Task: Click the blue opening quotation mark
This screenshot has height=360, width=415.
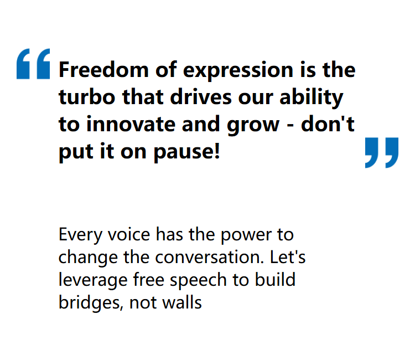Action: [x=33, y=64]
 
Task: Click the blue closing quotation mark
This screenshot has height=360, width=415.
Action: [x=382, y=152]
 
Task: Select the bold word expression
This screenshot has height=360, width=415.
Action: [x=238, y=71]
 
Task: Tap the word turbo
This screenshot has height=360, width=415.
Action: [x=87, y=97]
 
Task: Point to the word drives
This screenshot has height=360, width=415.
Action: [x=201, y=97]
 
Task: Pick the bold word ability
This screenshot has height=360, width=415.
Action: [x=312, y=98]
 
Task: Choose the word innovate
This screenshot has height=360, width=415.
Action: [x=131, y=124]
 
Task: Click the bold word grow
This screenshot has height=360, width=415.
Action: [x=253, y=126]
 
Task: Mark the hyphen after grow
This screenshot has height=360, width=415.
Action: [x=290, y=126]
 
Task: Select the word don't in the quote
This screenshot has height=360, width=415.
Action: [x=328, y=124]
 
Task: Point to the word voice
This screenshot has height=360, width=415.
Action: [x=129, y=234]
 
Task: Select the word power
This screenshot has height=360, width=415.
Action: [x=246, y=235]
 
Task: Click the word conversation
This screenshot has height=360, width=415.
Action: [x=210, y=257]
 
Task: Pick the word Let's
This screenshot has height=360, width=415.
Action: [x=288, y=256]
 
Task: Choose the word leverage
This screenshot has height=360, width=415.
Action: [x=93, y=281]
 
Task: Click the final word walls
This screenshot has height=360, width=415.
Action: [x=182, y=302]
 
